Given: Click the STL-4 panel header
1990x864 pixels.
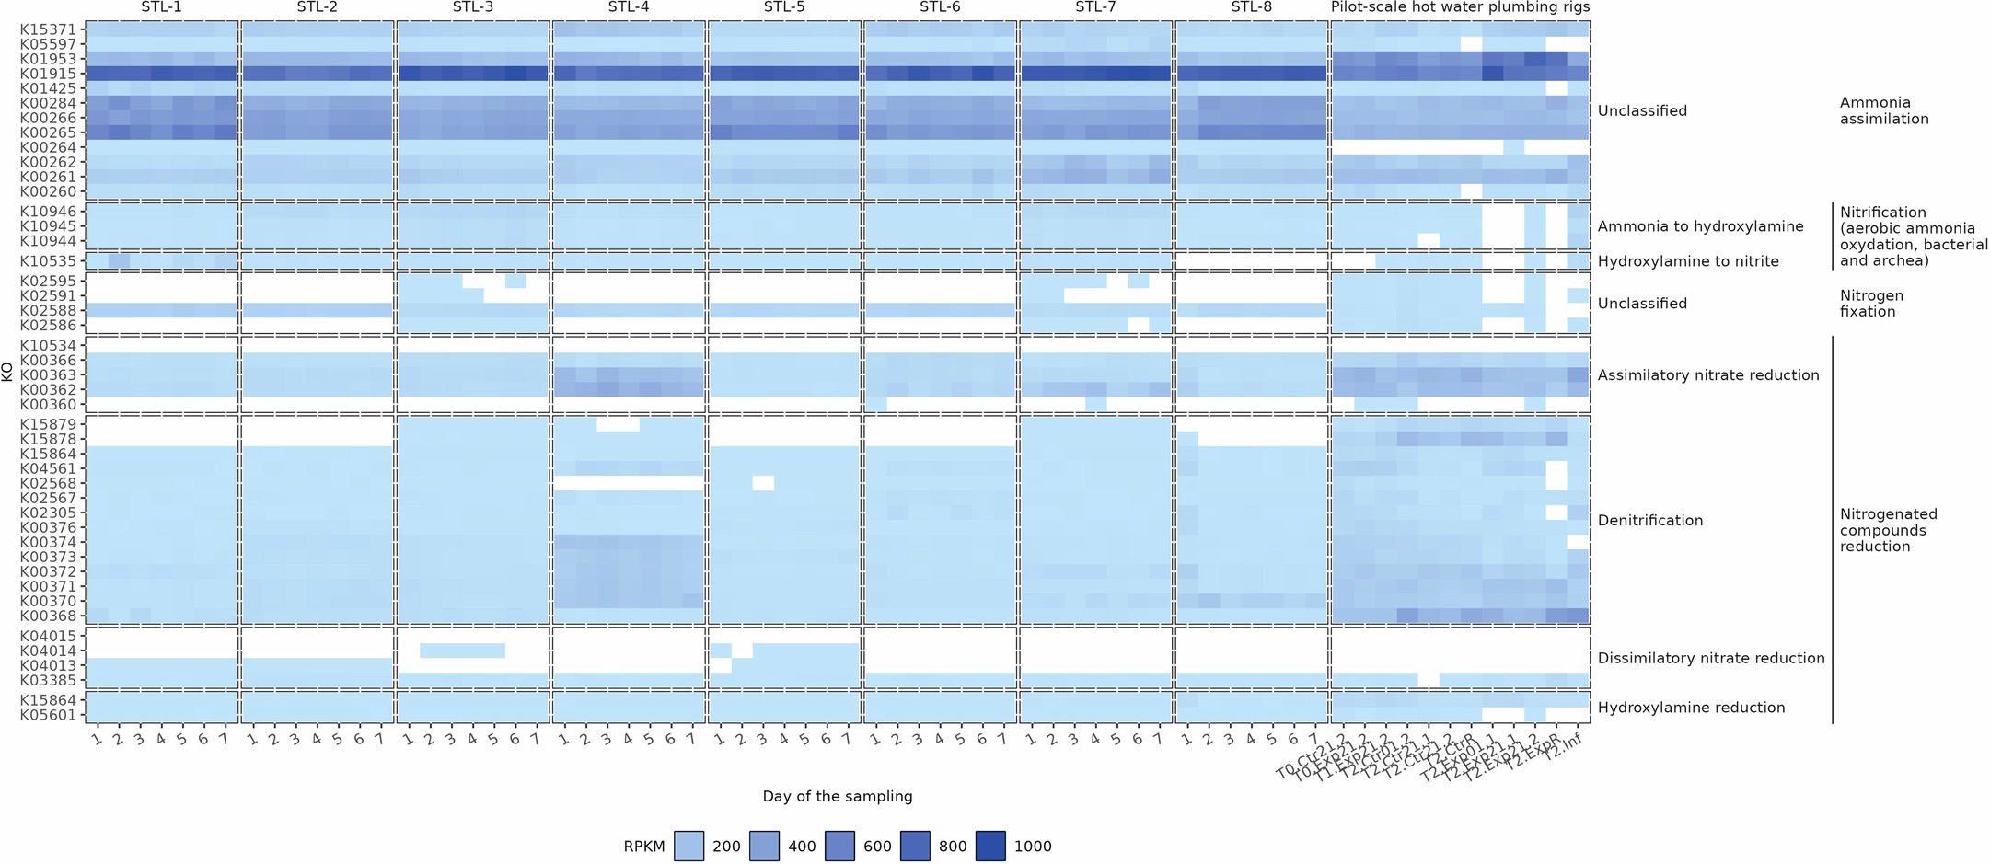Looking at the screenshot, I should [628, 7].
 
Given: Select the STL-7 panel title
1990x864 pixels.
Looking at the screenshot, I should [1095, 7].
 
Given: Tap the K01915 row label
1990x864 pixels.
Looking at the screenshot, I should [53, 74].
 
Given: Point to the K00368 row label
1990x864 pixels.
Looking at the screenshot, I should [53, 616].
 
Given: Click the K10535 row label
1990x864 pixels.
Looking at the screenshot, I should [53, 261].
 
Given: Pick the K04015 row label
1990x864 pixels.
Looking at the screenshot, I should [53, 636].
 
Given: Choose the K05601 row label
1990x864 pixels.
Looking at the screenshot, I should [53, 715].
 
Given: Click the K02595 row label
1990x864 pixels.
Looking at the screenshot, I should [53, 281].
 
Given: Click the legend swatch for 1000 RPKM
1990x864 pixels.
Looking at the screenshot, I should [991, 846].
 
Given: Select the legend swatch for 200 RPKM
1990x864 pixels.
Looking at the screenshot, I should [688, 846].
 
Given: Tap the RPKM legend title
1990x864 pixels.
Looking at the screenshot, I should [643, 847].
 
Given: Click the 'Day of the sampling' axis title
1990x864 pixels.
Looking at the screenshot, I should [837, 797].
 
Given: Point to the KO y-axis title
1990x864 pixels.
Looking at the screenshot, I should [7, 372].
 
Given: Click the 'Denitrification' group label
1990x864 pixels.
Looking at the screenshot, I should [1650, 521].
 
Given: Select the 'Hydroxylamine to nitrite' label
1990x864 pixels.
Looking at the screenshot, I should [1688, 261].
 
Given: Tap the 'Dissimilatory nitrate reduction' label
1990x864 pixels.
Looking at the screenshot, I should [1710, 659].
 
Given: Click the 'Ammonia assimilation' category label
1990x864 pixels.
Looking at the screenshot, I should [1883, 110].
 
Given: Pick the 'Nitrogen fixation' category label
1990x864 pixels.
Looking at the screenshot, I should [1871, 304].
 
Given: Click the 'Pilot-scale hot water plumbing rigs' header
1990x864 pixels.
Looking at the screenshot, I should [1460, 7].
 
